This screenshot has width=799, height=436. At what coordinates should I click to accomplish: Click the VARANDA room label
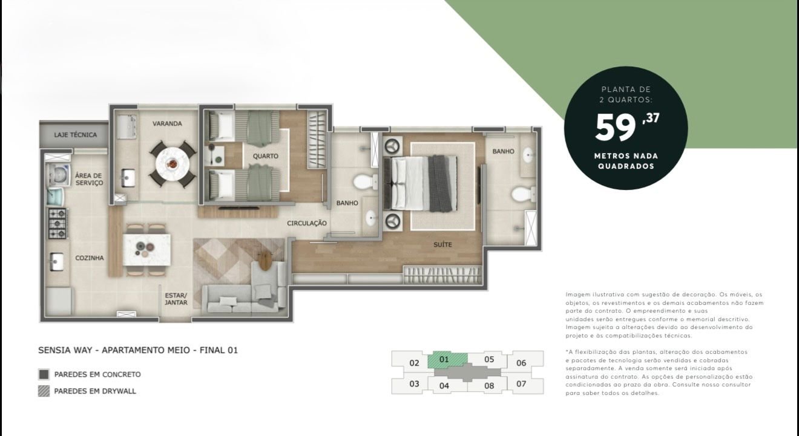click(167, 123)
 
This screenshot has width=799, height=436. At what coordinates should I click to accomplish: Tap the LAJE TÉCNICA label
click(75, 135)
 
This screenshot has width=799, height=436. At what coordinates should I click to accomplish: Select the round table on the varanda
click(173, 164)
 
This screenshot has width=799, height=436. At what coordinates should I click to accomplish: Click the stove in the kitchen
click(58, 223)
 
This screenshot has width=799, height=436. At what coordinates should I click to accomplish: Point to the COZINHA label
click(90, 258)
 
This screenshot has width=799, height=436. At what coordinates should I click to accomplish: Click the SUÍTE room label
click(442, 244)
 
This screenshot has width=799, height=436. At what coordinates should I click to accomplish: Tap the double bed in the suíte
click(421, 184)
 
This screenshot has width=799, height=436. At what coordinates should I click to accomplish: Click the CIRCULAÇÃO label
click(307, 223)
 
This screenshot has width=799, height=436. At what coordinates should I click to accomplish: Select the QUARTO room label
click(265, 156)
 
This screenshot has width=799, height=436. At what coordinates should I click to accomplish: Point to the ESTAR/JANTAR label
click(176, 299)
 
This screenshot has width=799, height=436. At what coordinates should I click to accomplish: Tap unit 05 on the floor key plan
click(489, 359)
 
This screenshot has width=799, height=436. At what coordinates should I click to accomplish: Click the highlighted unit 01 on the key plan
click(444, 359)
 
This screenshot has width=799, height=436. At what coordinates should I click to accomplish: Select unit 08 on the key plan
click(489, 386)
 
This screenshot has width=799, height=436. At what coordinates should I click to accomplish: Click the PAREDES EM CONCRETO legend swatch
click(44, 374)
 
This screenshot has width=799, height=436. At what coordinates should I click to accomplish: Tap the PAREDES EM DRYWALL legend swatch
click(44, 391)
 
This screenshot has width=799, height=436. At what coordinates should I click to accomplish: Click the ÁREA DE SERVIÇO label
click(89, 179)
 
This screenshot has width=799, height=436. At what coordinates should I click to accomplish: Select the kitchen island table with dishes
click(146, 250)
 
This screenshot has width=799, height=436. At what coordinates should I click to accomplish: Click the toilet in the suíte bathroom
click(523, 195)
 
